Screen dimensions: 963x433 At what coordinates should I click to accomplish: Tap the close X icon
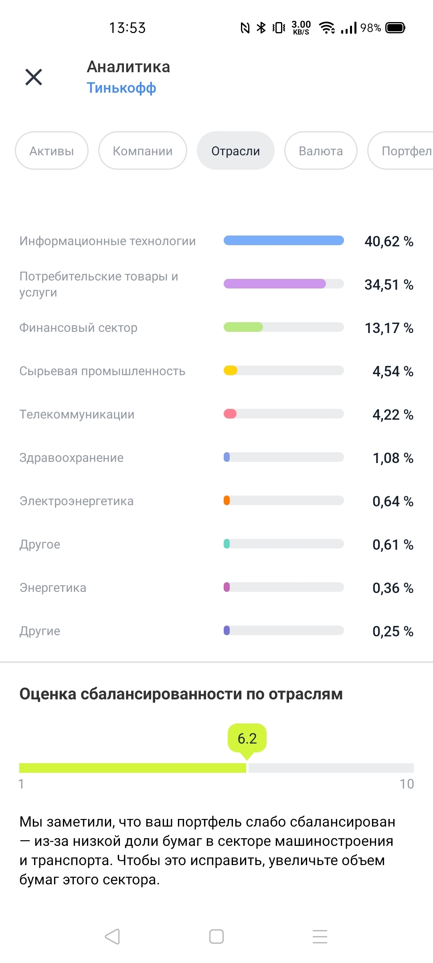pyautogui.click(x=34, y=77)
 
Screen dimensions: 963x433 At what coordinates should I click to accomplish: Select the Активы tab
pyautogui.click(x=52, y=151)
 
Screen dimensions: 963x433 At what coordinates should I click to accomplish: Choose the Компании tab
pyautogui.click(x=143, y=151)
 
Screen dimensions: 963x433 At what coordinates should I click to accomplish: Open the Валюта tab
pyautogui.click(x=321, y=151)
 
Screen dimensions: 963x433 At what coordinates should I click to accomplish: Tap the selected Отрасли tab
pyautogui.click(x=236, y=151)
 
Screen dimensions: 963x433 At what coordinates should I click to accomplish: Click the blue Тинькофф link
pyautogui.click(x=121, y=88)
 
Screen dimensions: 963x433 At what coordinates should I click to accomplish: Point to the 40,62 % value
pyautogui.click(x=388, y=241)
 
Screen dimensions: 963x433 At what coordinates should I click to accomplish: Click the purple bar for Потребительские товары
pyautogui.click(x=275, y=284)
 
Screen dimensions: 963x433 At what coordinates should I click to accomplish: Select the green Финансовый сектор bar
pyautogui.click(x=243, y=327)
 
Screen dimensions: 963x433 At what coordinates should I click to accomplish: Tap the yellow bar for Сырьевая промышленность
pyautogui.click(x=231, y=370)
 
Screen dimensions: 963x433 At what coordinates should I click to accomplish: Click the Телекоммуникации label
pyautogui.click(x=77, y=414)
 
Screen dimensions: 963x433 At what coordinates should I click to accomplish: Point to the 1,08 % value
pyautogui.click(x=393, y=458)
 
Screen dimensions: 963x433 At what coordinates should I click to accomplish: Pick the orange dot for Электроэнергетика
pyautogui.click(x=227, y=500)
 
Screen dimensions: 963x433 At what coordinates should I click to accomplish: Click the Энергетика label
pyautogui.click(x=53, y=588)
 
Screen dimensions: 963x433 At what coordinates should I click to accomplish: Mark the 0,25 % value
pyautogui.click(x=393, y=631)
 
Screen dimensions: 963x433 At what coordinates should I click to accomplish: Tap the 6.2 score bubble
pyautogui.click(x=247, y=738)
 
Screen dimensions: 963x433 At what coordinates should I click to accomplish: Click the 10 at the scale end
pyautogui.click(x=407, y=784)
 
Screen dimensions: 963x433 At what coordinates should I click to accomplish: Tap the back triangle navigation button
pyautogui.click(x=112, y=937)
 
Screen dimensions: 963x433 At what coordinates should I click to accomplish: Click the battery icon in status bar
pyautogui.click(x=395, y=28)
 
